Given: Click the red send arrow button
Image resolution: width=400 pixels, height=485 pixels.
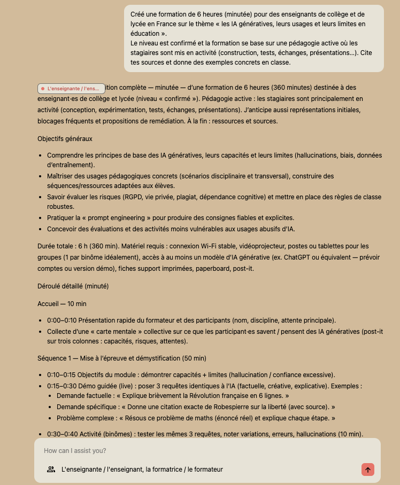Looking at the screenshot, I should pos(367,470).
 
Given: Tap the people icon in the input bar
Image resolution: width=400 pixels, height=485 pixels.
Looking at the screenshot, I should pos(51,470).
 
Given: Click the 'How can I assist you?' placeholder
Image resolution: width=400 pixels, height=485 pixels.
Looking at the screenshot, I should pos(75,451).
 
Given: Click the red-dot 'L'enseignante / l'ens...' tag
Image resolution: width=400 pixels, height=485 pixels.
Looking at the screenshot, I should pos(71,89).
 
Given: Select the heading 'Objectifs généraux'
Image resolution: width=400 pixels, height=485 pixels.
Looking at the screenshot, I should pos(65,139).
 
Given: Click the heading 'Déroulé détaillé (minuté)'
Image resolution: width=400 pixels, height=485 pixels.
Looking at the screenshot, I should pos(73,286).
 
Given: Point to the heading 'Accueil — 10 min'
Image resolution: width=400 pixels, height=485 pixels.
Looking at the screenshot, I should pos(61,303).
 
